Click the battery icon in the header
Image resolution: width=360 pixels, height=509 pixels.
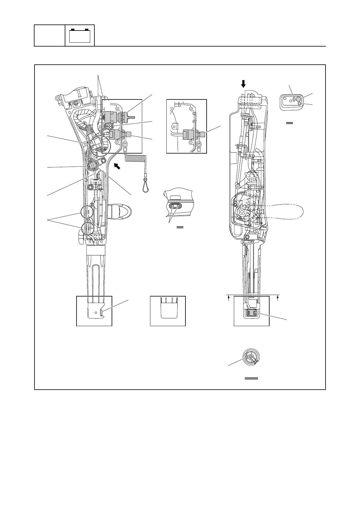[80, 35]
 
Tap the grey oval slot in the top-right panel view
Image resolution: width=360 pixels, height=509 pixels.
[294, 99]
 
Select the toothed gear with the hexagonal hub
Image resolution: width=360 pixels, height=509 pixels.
[244, 211]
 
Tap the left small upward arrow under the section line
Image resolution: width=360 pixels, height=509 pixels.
[229, 298]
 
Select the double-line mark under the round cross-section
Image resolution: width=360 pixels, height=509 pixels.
[251, 378]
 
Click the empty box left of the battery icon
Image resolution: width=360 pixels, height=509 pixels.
[50, 35]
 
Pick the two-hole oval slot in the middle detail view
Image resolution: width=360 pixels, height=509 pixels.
[175, 206]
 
